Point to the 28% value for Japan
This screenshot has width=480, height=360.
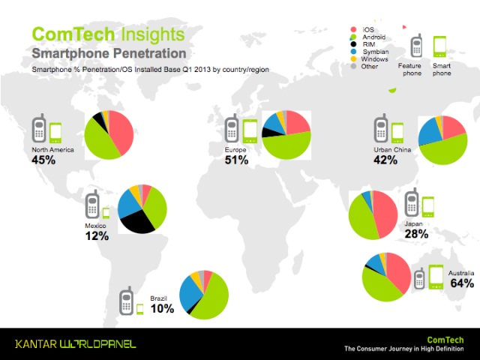coord(416,234)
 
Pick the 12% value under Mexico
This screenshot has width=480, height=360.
coord(97,235)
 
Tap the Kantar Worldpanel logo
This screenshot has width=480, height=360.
coord(75,343)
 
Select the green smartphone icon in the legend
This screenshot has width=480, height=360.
coord(439,46)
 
